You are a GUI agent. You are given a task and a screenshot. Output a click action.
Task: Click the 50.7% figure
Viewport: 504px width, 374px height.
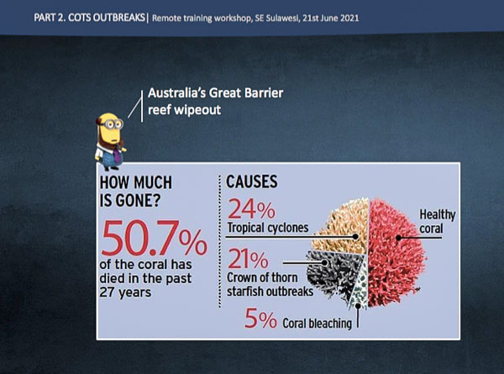[x=155, y=238]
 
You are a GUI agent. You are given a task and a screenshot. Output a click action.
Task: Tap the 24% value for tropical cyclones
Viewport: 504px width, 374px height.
[x=251, y=208]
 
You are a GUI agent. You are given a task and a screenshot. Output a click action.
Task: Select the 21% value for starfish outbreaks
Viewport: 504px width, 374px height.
[x=248, y=259]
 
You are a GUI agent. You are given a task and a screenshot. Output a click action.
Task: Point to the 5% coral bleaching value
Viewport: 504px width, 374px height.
[x=260, y=319]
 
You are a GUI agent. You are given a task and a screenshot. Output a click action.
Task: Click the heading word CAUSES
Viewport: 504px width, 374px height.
[x=252, y=182]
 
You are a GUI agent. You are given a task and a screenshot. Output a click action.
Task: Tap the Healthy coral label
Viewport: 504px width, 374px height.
[x=437, y=221]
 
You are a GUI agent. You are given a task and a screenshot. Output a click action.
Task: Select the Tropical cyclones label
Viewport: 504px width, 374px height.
[x=268, y=228]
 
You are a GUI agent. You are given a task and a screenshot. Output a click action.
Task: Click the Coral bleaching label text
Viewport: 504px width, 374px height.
[x=317, y=324]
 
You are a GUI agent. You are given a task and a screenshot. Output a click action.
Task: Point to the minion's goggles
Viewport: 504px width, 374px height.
[x=112, y=124]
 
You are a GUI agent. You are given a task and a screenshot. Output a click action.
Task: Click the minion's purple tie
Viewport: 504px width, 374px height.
[x=117, y=155]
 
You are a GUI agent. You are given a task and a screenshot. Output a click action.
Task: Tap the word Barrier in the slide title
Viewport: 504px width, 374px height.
[x=264, y=93]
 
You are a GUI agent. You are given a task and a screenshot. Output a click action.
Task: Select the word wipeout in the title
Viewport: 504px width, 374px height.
[x=197, y=110]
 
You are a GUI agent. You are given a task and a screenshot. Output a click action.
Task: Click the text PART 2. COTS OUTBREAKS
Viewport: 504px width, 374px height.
[x=89, y=18]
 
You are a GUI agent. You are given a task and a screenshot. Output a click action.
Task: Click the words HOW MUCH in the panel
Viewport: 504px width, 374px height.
[x=135, y=182]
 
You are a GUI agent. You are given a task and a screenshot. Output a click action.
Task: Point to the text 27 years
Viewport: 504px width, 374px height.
[x=125, y=292]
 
